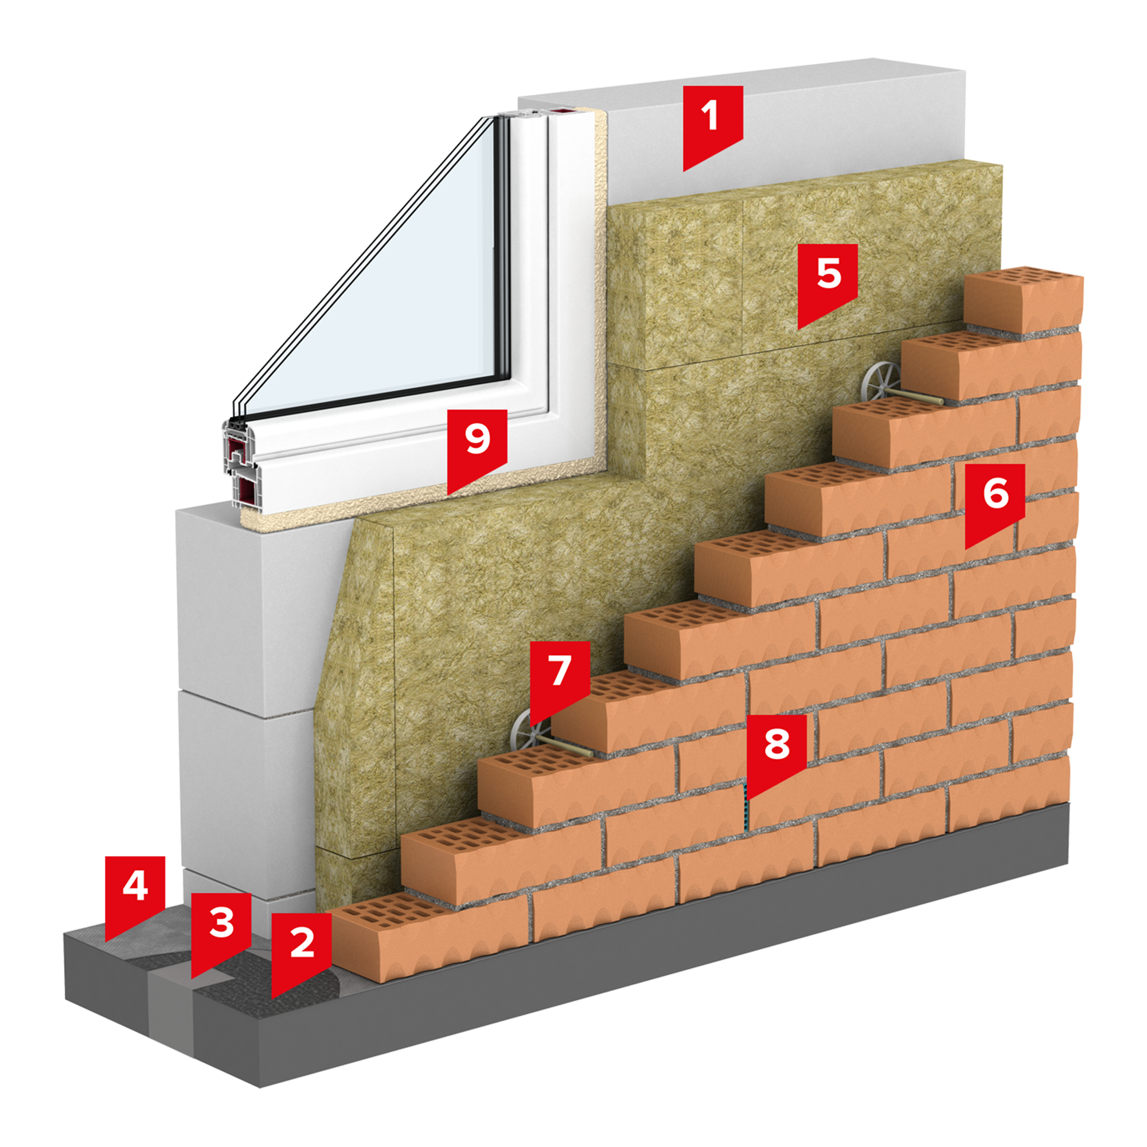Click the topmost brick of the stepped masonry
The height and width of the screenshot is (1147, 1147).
(1023, 302)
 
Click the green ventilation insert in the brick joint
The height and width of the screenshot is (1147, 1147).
(745, 807)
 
